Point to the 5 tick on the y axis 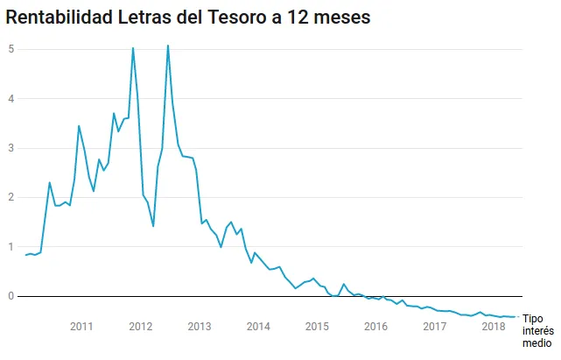[x=11, y=49]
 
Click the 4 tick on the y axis [x=11, y=98]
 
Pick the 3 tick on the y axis [x=11, y=148]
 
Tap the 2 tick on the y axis [x=11, y=197]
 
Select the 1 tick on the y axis [x=11, y=247]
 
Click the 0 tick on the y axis [x=11, y=296]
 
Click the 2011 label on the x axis [x=81, y=327]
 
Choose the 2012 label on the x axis [x=140, y=327]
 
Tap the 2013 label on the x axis [x=199, y=327]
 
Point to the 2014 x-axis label [x=257, y=327]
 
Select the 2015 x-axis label [x=316, y=327]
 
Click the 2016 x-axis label [x=375, y=327]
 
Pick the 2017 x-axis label [x=434, y=327]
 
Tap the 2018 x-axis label [x=493, y=327]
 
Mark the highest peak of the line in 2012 [x=167, y=46]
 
